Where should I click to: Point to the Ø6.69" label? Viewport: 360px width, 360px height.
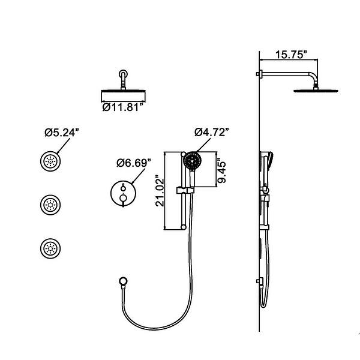(x=133, y=163)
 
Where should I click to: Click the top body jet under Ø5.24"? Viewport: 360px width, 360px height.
(x=49, y=161)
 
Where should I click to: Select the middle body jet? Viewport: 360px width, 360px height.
(x=49, y=205)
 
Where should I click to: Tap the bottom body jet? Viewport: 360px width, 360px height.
(x=49, y=247)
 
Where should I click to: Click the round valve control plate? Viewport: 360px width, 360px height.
(x=122, y=194)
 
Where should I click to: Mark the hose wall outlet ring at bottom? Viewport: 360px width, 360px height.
(x=124, y=280)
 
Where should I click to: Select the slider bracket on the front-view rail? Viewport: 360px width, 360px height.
(x=181, y=191)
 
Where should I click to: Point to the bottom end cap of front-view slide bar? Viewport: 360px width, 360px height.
(x=181, y=227)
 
